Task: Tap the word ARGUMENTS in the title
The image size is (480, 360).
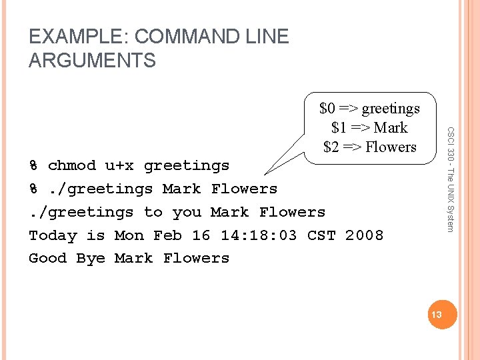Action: point(92,61)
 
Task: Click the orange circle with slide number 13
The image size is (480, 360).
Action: point(441,313)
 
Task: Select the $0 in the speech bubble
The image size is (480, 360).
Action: point(327,108)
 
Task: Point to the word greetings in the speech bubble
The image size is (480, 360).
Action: point(391,108)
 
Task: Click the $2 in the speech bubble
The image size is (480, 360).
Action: point(332,147)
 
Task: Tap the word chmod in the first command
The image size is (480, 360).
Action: point(72,165)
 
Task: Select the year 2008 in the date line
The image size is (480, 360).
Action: point(364,235)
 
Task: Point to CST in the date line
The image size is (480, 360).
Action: point(321,235)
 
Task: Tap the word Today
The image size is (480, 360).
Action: point(53,235)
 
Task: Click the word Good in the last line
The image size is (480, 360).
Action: point(48,258)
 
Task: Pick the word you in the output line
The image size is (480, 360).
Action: point(187,212)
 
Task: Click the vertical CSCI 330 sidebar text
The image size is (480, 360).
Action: point(450,180)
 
